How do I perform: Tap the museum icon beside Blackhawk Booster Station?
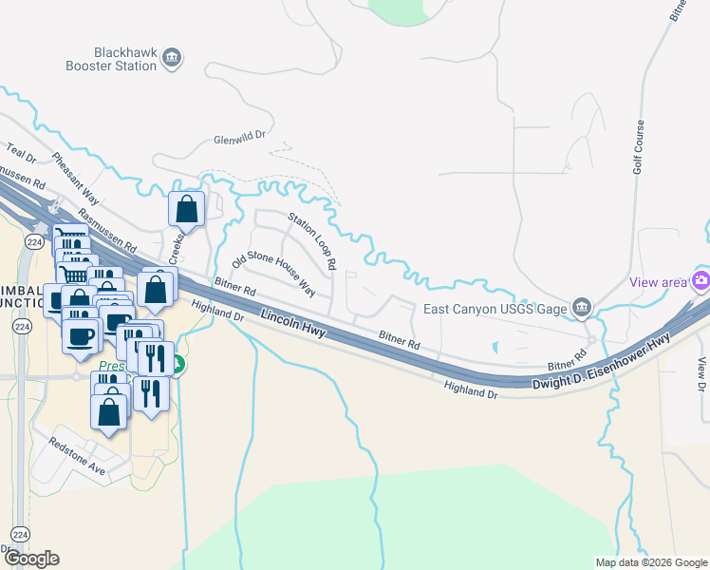(172, 58)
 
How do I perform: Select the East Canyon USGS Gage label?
(494, 308)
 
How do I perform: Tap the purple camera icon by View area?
(701, 280)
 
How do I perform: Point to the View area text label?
(659, 282)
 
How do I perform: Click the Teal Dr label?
(20, 151)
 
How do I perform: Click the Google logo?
(31, 558)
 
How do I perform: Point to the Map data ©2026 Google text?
(651, 562)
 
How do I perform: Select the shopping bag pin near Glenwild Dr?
(187, 210)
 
